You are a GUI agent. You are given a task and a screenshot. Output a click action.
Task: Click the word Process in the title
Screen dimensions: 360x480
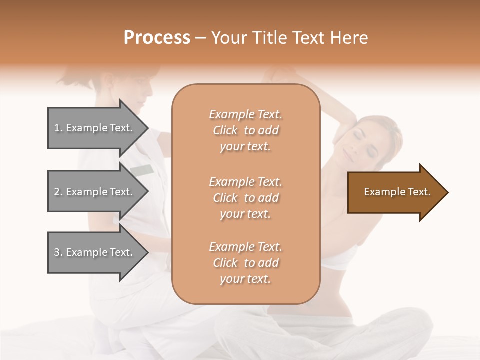coord(157,38)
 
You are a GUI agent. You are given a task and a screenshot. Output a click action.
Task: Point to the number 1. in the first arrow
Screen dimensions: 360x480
coord(58,128)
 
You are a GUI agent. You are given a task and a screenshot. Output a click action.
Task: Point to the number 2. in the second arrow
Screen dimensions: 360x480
coord(58,192)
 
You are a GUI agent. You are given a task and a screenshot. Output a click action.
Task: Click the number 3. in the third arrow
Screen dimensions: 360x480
coord(58,252)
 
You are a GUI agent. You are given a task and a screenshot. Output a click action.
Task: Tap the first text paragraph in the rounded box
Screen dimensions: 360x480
coord(245,130)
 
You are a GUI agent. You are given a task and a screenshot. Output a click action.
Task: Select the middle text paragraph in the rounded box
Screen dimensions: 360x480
coord(245,197)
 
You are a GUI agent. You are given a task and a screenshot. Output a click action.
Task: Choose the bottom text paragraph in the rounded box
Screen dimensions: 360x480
coord(245,263)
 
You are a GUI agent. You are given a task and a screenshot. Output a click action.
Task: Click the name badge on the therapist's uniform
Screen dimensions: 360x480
coord(142,170)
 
